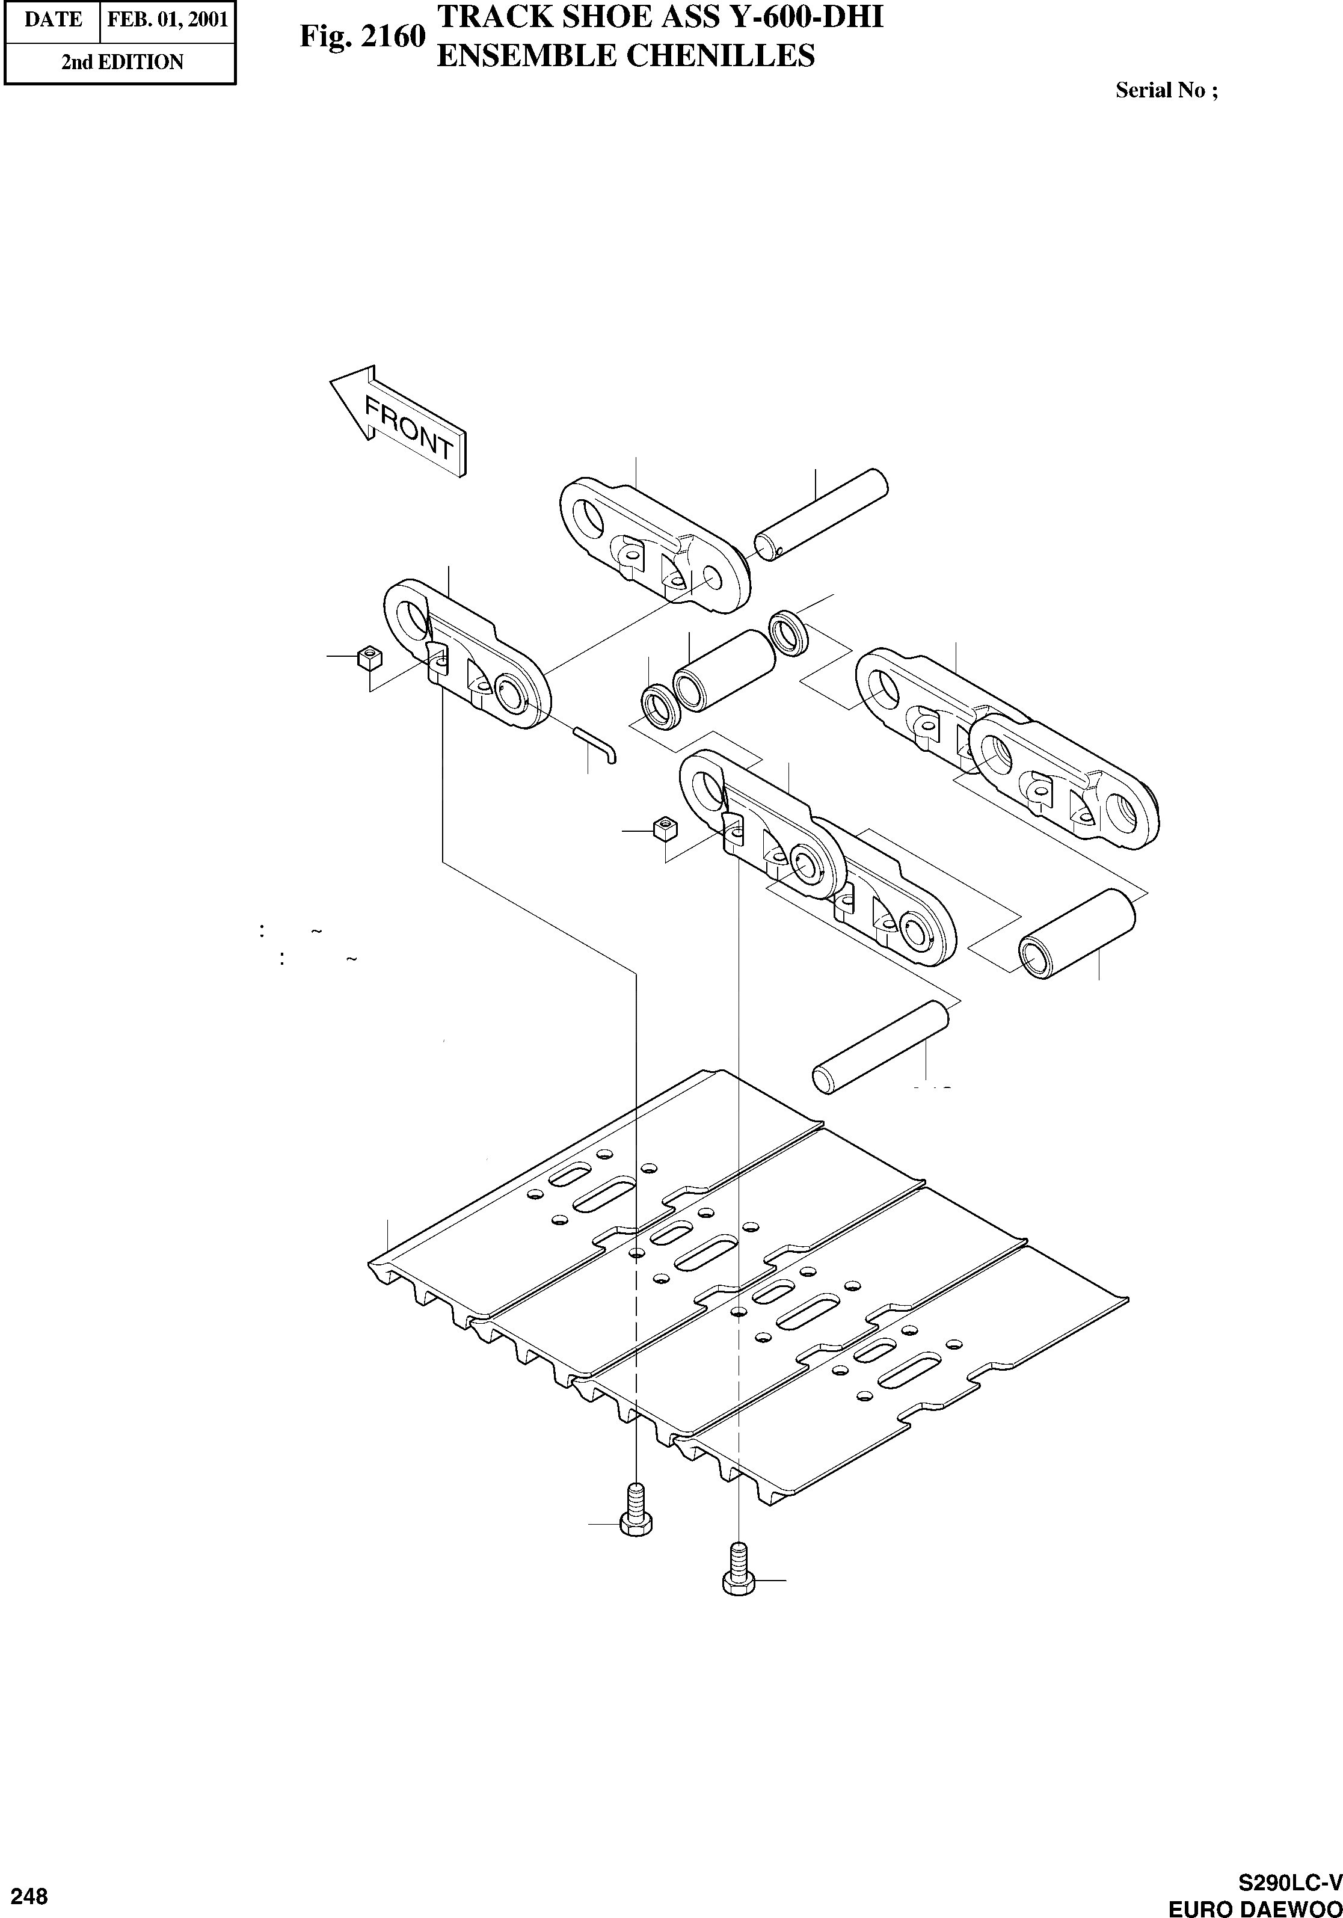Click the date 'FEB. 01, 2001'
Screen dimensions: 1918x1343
167,20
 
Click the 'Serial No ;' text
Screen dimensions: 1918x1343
1166,90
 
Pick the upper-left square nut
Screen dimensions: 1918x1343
368,657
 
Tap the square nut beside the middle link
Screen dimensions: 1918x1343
665,829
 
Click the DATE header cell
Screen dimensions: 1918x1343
52,20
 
